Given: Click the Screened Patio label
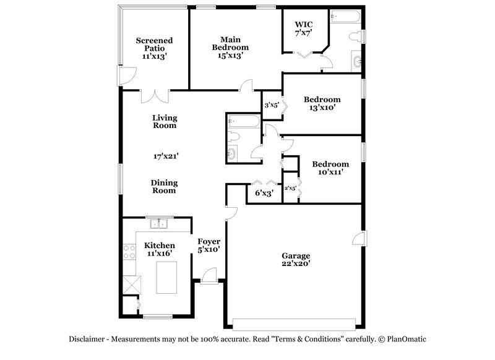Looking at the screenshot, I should [x=154, y=48].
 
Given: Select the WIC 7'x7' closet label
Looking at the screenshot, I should [x=303, y=29].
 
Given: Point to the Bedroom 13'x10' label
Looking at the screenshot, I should [x=322, y=103].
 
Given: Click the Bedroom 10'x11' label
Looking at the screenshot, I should [x=330, y=168].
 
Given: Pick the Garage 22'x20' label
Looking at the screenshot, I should [x=296, y=259].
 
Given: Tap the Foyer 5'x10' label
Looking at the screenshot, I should [x=209, y=245].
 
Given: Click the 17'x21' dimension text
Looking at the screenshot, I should [x=165, y=156].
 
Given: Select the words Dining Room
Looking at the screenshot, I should [x=164, y=187].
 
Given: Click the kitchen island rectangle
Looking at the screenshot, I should [x=166, y=277].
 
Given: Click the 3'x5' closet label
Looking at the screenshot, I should [x=271, y=106].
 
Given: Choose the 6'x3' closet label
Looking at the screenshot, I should [x=264, y=193].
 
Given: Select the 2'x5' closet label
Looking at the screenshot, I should [x=289, y=188].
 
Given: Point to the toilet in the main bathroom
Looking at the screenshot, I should [x=355, y=36].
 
